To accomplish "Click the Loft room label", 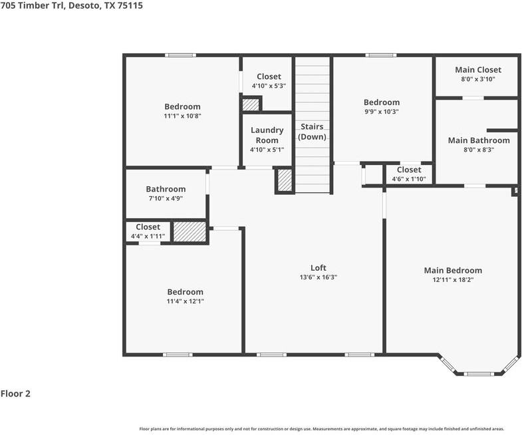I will coord(319,268).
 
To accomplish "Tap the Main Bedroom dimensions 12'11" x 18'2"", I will coord(453,280).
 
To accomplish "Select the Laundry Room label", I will coord(267,135).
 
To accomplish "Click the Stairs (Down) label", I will coord(312,132).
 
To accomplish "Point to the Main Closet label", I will coord(477,70).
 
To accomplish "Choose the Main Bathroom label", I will coord(478,140).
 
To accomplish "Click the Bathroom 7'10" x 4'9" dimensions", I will coord(166,198).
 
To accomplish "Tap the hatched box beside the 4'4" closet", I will coord(190,232).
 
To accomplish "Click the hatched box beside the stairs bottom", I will coord(285,181).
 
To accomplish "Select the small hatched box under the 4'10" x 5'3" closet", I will coord(251,104).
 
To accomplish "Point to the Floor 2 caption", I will coord(15,394).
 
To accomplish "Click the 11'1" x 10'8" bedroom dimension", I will coord(182,116).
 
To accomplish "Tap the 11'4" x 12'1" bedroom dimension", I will coord(185,301).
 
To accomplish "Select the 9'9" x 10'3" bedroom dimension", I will coord(382,112).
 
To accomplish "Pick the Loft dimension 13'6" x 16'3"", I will coord(319,277).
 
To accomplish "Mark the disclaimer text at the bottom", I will coord(321,429).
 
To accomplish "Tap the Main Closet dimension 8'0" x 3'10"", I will coord(477,79).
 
